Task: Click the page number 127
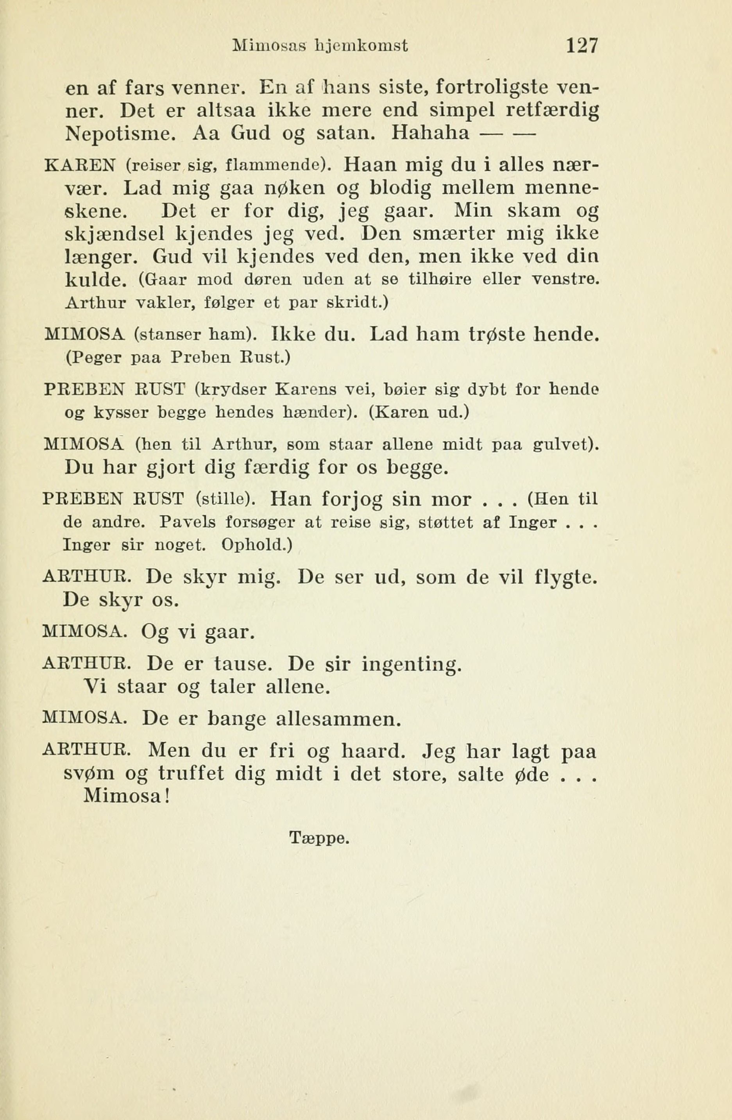click(582, 46)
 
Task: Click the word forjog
click(353, 498)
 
